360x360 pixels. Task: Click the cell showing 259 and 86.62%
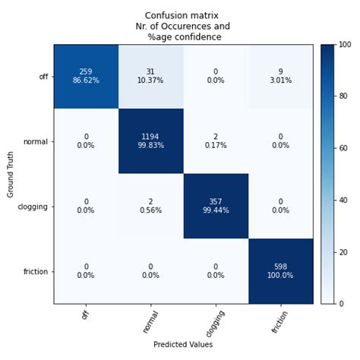(86, 77)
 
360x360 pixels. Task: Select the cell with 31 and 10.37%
(150, 77)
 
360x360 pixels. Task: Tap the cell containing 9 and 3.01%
(280, 77)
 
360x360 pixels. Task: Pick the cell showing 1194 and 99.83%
(150, 141)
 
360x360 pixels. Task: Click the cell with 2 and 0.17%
(216, 141)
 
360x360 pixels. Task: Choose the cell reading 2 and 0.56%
(150, 206)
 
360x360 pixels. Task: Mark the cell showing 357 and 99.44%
(216, 206)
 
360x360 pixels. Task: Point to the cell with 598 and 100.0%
(280, 271)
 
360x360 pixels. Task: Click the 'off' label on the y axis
(43, 77)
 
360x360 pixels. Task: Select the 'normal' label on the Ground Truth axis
(36, 141)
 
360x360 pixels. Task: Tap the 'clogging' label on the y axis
(34, 206)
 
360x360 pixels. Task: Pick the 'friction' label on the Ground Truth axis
(36, 271)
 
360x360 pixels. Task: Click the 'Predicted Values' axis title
(183, 345)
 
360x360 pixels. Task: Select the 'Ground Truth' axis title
(10, 174)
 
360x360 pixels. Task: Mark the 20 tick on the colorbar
(336, 251)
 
